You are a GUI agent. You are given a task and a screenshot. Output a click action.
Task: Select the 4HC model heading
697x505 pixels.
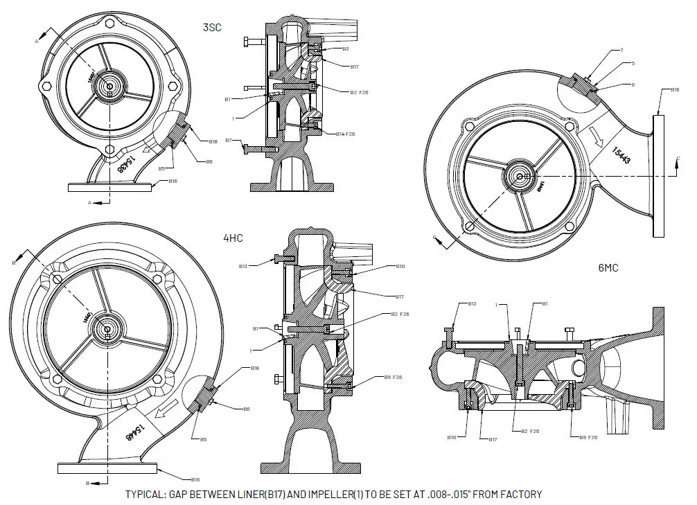(232, 238)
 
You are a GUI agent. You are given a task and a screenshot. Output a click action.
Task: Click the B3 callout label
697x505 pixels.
(345, 49)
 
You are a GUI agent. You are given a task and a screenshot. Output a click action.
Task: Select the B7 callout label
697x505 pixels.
(229, 141)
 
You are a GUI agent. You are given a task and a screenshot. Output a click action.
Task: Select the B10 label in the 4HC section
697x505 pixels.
(400, 266)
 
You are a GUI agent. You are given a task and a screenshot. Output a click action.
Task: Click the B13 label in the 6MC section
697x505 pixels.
(472, 303)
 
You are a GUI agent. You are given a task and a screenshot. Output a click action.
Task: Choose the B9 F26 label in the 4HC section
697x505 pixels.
(393, 378)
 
